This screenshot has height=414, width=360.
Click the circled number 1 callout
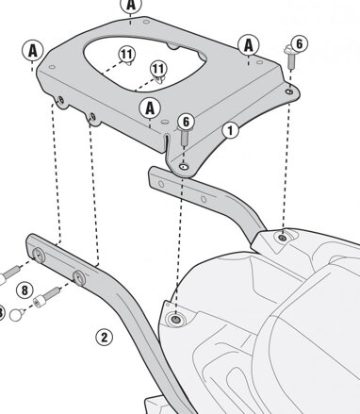[230, 130]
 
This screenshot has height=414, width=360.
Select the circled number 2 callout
[104, 338]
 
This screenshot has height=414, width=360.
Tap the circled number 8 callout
[25, 290]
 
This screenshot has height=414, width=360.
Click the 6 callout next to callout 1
[187, 122]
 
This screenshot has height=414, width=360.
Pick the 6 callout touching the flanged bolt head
[299, 43]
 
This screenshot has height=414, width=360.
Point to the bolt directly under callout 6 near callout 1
[185, 137]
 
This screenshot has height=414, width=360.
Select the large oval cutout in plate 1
[144, 64]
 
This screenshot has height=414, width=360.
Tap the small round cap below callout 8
[17, 315]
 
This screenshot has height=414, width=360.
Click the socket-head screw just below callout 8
[46, 297]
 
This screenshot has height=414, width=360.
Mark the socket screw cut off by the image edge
[9, 274]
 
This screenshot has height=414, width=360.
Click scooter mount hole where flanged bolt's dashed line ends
[283, 238]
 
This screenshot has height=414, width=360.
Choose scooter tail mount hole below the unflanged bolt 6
[175, 320]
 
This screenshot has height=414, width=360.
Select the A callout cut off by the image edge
[131, 5]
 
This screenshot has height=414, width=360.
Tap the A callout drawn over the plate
[150, 108]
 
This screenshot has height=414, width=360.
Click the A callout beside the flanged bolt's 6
[249, 45]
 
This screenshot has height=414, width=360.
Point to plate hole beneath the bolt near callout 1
[184, 166]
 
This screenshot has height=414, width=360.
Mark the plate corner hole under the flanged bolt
[289, 91]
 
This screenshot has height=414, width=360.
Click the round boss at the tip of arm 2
[39, 255]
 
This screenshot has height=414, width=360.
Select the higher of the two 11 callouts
[126, 54]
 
